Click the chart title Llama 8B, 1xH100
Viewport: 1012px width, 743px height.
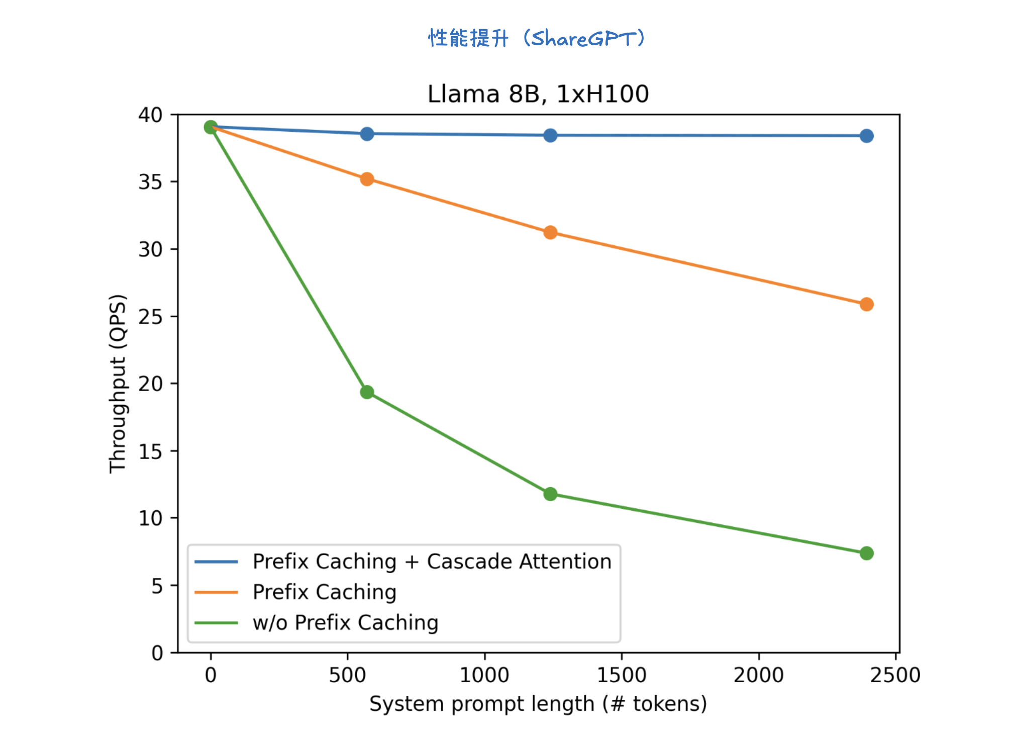coord(538,94)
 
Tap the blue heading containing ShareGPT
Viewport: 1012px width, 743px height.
coord(537,38)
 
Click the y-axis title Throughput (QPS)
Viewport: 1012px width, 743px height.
coord(118,384)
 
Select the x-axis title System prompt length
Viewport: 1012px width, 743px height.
coord(538,704)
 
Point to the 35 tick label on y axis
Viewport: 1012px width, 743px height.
coord(150,182)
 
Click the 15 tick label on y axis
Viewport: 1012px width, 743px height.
coord(150,451)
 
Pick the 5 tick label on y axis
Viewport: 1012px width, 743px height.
coord(157,586)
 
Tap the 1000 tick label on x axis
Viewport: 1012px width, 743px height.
coord(484,675)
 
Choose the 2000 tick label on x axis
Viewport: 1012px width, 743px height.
coord(758,675)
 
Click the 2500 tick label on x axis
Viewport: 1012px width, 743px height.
coord(895,675)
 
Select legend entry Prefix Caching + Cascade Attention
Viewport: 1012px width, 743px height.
coord(432,562)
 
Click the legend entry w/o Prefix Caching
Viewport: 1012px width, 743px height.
coord(345,623)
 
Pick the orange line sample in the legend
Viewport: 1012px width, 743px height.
coord(216,592)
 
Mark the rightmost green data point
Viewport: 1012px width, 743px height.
coord(866,553)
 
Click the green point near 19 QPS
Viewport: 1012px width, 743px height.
coord(367,392)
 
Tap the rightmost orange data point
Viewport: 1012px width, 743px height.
coord(866,304)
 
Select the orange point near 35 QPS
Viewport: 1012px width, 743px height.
coord(367,179)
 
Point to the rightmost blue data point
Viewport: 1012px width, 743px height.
coord(866,136)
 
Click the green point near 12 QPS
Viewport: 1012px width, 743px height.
coord(550,494)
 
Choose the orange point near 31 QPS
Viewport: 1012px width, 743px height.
coord(550,233)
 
